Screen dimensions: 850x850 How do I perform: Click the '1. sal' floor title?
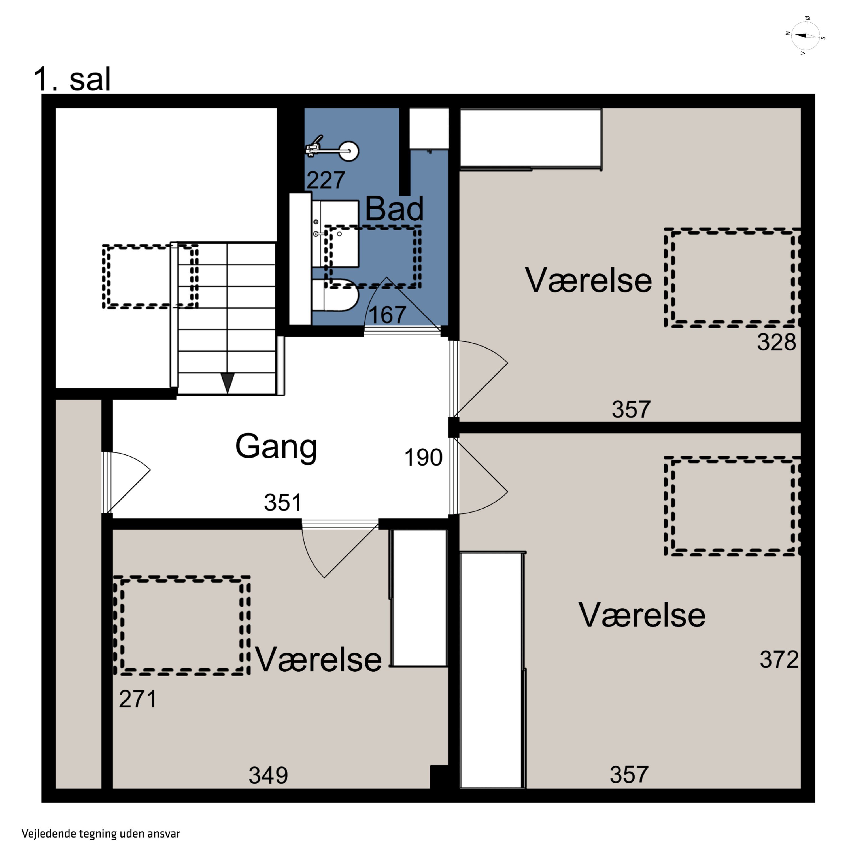tap(72, 80)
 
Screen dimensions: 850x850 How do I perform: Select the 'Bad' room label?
tap(394, 209)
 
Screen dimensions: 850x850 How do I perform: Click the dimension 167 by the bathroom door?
tap(387, 315)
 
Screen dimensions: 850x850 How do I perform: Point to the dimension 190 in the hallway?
tap(423, 458)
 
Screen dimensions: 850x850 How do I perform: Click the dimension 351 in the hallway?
tap(283, 502)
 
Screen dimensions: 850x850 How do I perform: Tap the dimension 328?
tap(777, 342)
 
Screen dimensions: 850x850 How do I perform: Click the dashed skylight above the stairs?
tap(150, 276)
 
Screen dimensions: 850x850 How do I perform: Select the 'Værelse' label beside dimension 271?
tap(318, 660)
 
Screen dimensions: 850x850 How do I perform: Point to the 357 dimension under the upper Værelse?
tap(631, 409)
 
